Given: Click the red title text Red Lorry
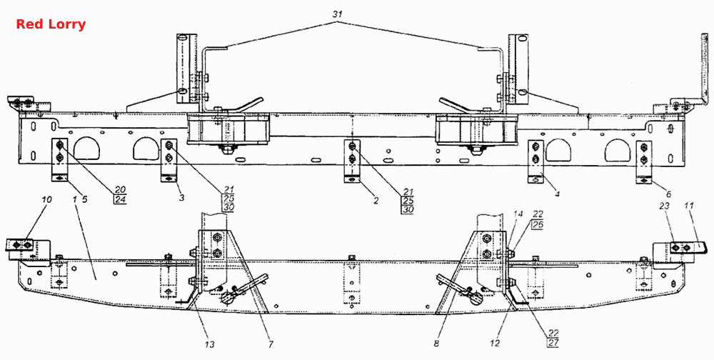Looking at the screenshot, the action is [x=51, y=24].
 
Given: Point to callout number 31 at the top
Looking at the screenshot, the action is [x=337, y=14].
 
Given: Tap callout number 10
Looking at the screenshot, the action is [x=48, y=199].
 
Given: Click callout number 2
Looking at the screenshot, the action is [x=376, y=199].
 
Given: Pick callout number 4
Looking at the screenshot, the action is [x=557, y=194].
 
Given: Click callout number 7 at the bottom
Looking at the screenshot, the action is [x=271, y=345].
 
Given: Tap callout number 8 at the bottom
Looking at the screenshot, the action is [x=436, y=345].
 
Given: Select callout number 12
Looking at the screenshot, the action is [x=496, y=344].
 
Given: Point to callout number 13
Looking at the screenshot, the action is [x=210, y=344].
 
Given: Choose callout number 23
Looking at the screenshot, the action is [x=665, y=206].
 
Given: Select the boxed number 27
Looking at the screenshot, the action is [x=553, y=343].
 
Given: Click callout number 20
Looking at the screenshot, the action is [x=121, y=189].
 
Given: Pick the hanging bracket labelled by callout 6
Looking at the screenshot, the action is [x=643, y=162].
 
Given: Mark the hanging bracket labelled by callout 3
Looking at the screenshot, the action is [x=169, y=161].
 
